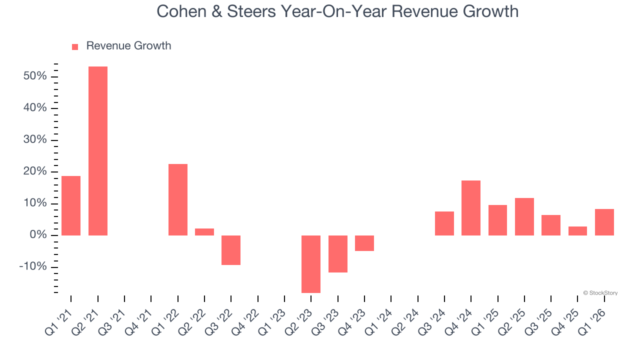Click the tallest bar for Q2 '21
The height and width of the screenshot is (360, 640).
[98, 150]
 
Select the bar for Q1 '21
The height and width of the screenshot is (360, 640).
[71, 205]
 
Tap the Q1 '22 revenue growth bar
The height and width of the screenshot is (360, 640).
[178, 199]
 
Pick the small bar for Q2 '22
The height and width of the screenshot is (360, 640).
[204, 232]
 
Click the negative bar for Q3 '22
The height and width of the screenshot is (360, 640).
[231, 250]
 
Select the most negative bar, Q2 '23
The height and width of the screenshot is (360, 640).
[311, 264]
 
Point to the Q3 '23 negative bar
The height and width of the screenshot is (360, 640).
[338, 254]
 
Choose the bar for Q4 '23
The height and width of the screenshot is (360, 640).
[364, 243]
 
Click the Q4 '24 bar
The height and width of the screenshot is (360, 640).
[471, 207]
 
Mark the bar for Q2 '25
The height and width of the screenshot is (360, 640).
[524, 216]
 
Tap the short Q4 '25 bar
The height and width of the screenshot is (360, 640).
[577, 231]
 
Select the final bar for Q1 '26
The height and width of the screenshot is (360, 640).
[604, 222]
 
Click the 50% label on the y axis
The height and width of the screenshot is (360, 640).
[34, 76]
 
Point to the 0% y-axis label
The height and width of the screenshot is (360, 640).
[38, 235]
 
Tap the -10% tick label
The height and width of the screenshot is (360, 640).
[33, 267]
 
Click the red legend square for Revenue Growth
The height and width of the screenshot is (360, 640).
[75, 46]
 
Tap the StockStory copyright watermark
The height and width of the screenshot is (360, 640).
[600, 293]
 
